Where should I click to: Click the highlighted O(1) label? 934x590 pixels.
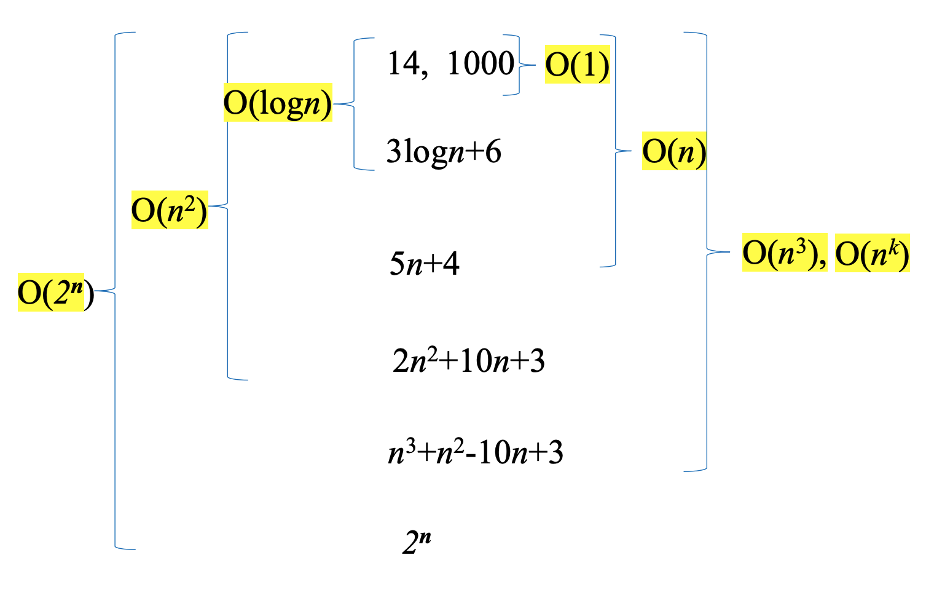pos(577,65)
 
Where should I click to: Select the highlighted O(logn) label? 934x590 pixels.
pos(277,103)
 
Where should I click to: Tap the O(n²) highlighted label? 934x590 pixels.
pos(170,210)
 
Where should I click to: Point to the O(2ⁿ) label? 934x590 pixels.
pos(55,293)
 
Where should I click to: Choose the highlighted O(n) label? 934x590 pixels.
pos(673,151)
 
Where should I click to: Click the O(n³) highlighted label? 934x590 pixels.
pos(784,253)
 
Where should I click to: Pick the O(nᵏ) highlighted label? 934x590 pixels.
pos(872,253)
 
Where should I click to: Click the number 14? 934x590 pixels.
pos(403,63)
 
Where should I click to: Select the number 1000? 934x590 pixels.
pos(481,63)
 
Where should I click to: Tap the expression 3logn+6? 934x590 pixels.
pos(444,151)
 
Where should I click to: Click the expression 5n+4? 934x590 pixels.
pos(425,264)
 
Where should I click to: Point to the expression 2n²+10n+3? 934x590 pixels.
pos(468,361)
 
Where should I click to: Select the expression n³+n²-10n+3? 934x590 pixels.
pos(476,453)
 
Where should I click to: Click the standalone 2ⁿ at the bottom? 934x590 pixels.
pos(417,541)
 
